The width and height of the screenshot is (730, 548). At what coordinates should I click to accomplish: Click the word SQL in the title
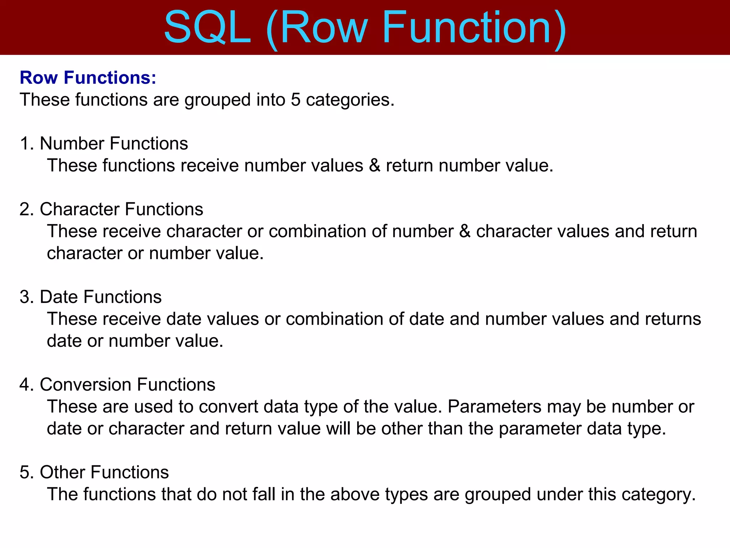coord(207,28)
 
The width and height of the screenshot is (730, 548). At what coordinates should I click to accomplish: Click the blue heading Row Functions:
coord(88,77)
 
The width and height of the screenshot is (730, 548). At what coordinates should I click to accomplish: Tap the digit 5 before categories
coord(295,100)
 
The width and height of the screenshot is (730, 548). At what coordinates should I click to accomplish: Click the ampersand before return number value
coord(375,166)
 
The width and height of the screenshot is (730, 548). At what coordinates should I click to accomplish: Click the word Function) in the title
coord(474,28)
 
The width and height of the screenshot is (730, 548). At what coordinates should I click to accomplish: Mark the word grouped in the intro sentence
coord(217,100)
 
